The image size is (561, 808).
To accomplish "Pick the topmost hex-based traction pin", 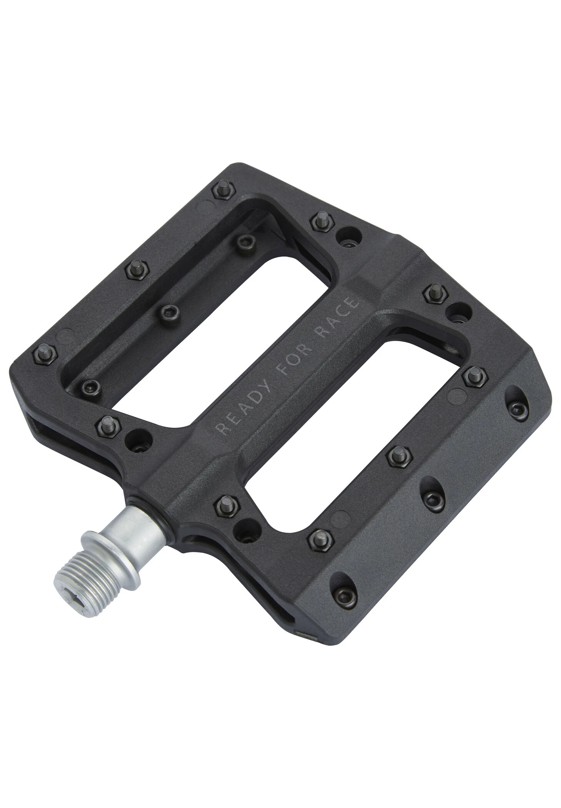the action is pyautogui.click(x=224, y=190).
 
